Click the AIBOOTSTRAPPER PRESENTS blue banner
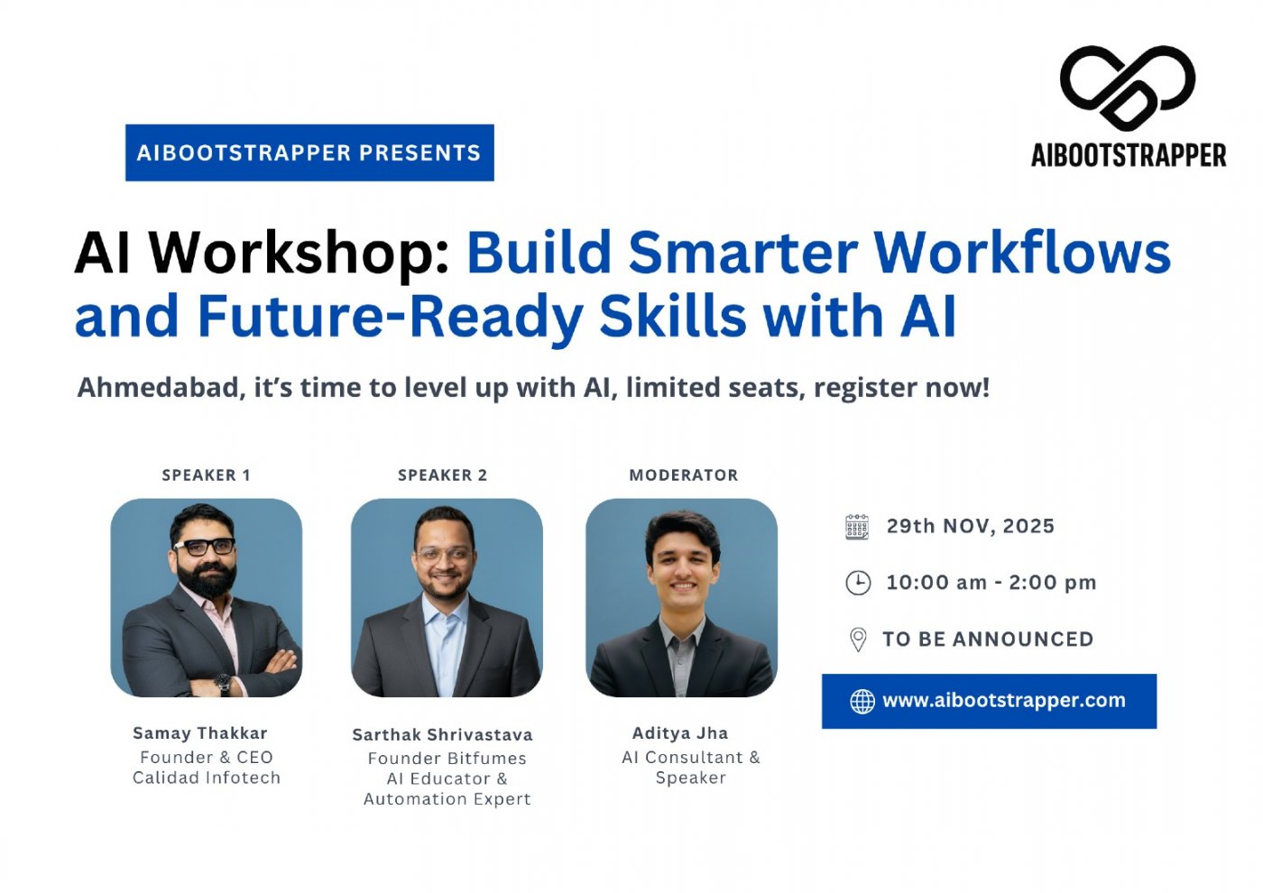click(x=309, y=152)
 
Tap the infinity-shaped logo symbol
click(x=1127, y=87)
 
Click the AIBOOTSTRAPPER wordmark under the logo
click(x=1129, y=155)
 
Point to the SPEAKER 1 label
click(x=206, y=475)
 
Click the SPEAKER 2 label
click(x=442, y=475)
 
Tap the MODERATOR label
click(x=683, y=475)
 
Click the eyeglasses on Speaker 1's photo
click(x=206, y=546)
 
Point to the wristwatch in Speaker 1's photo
click(x=223, y=685)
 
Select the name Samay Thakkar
click(x=199, y=733)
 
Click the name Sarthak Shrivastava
click(x=442, y=735)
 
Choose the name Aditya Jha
click(x=679, y=733)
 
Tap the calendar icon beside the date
click(x=857, y=527)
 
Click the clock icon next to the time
click(x=858, y=583)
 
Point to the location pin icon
click(x=858, y=640)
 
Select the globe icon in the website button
click(x=862, y=701)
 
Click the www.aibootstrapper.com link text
click(x=1003, y=701)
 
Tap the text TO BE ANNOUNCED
click(x=987, y=640)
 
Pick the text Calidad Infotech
click(x=207, y=778)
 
